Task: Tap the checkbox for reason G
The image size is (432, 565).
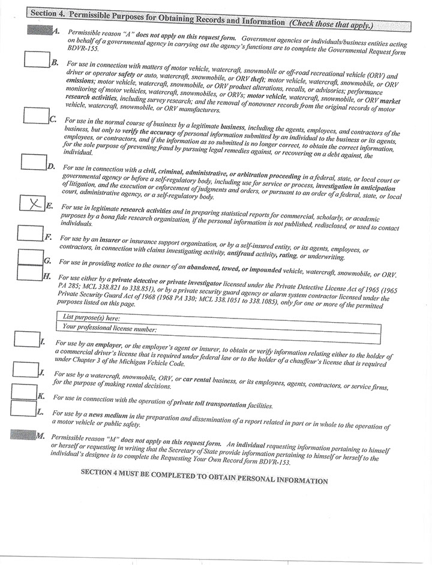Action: (x=29, y=257)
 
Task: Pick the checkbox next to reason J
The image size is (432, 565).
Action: (x=25, y=369)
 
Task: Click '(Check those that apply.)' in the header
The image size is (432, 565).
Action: (x=331, y=25)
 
